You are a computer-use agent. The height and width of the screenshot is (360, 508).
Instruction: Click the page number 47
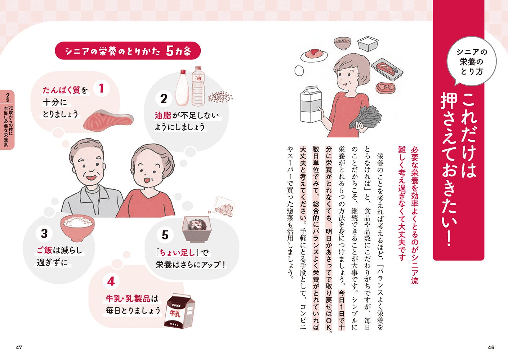coord(19,347)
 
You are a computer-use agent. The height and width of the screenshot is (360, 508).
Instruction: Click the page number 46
coord(491,347)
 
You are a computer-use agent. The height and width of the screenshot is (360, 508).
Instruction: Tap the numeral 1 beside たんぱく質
coord(101,88)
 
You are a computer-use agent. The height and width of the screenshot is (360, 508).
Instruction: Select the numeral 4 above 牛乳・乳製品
coord(111,282)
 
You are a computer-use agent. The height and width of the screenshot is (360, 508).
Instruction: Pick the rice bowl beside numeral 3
coord(77,228)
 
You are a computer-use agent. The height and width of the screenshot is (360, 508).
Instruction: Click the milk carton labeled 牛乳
coord(179,311)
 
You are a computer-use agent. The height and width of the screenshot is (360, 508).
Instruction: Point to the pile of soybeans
coord(220,97)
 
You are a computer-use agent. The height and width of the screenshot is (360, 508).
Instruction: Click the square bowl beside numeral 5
coord(196,229)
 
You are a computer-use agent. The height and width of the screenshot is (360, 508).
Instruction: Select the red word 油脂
coord(163,115)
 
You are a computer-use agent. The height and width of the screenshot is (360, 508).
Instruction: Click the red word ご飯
coord(45,250)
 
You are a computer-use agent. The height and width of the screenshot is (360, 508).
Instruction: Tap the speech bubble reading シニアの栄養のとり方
coord(471,62)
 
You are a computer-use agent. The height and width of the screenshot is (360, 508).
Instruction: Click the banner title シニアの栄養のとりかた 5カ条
coord(128,51)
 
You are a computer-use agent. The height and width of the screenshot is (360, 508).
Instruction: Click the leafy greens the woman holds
coord(366,117)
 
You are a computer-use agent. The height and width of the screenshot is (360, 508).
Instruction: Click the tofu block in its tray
coord(367,44)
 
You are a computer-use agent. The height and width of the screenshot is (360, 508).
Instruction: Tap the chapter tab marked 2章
coord(8,120)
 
